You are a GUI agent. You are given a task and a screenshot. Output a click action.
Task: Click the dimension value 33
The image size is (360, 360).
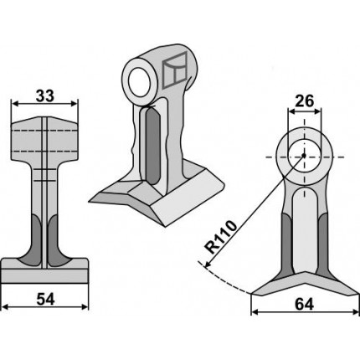44,96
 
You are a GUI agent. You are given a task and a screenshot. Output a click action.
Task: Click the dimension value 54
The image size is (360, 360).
45,300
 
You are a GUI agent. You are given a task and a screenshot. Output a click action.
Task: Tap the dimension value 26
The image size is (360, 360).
305,101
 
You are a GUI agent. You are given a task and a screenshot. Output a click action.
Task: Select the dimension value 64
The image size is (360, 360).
305,304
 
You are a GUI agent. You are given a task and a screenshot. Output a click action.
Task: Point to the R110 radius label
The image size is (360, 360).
221,237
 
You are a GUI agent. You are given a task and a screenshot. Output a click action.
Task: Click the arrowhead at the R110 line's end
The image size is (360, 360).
208,265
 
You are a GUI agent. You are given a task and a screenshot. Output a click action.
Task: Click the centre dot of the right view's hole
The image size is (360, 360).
304,156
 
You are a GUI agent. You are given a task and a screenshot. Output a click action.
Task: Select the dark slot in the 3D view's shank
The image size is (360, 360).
152,146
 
